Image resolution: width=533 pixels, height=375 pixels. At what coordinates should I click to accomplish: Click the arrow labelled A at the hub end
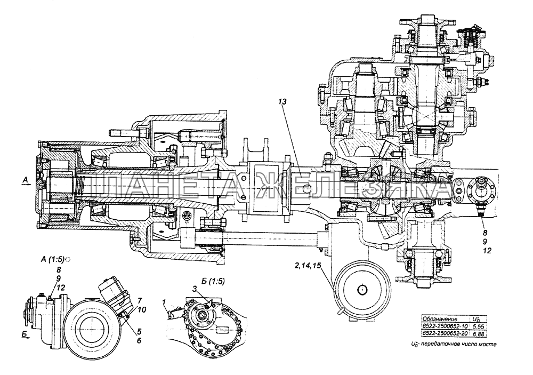click(27, 181)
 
